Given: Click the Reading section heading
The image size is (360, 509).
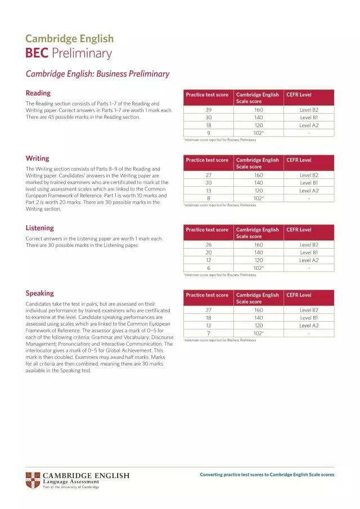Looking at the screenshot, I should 38,93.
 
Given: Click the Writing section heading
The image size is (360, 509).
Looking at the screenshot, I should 37,158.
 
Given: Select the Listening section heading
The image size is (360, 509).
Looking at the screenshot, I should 40,228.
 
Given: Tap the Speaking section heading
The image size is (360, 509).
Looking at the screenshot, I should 40,293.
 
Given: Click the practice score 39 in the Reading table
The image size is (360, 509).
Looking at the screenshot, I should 208,110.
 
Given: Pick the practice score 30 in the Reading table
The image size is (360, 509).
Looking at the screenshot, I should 208,118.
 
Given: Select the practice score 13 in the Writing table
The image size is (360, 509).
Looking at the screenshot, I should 208,191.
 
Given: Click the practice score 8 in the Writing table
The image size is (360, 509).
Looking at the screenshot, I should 208,198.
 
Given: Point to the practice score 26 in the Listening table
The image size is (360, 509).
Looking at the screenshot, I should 208,245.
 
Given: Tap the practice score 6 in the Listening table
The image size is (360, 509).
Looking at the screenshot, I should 208,268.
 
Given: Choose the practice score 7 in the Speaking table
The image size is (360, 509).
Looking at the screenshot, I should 208,333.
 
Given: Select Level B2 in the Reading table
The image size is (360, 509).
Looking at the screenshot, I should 309,110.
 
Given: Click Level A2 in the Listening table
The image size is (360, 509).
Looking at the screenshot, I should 309,260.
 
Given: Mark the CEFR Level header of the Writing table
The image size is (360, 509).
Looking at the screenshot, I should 299,160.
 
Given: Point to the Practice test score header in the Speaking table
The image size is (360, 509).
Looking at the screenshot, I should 207,295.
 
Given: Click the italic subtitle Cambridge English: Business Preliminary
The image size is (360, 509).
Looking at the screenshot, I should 97,74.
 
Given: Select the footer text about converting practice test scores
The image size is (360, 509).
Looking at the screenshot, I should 267,475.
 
